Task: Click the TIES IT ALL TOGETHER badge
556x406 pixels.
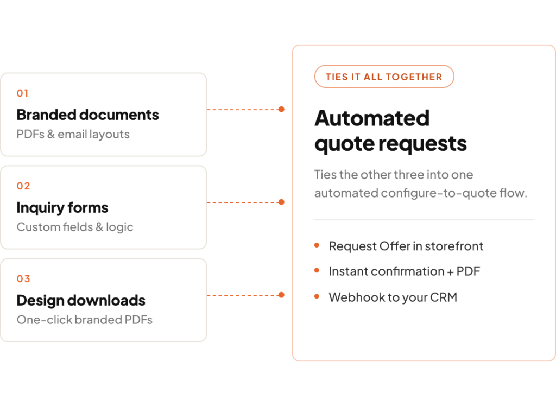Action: (384, 77)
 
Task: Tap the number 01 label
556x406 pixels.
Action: (22, 93)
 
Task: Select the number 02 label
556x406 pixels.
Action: (23, 186)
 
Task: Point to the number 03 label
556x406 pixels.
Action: (23, 279)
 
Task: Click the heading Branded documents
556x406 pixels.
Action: (87, 115)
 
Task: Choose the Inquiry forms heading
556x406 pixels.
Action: (62, 208)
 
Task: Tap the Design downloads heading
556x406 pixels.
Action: (81, 300)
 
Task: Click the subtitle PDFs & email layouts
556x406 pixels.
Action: (73, 135)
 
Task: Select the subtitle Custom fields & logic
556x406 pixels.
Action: (75, 227)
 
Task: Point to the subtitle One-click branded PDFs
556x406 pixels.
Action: (84, 320)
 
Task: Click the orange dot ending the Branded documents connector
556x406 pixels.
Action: (281, 109)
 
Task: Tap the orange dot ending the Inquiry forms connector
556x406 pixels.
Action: (281, 202)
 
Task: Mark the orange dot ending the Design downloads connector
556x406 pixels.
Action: (281, 295)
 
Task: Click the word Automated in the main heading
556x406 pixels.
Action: (372, 118)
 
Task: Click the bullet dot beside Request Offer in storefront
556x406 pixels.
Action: (317, 245)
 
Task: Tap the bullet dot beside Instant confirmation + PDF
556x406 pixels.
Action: (317, 271)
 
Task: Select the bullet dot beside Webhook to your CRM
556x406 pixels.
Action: (317, 296)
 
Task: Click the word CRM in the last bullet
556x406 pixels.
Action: (444, 297)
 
